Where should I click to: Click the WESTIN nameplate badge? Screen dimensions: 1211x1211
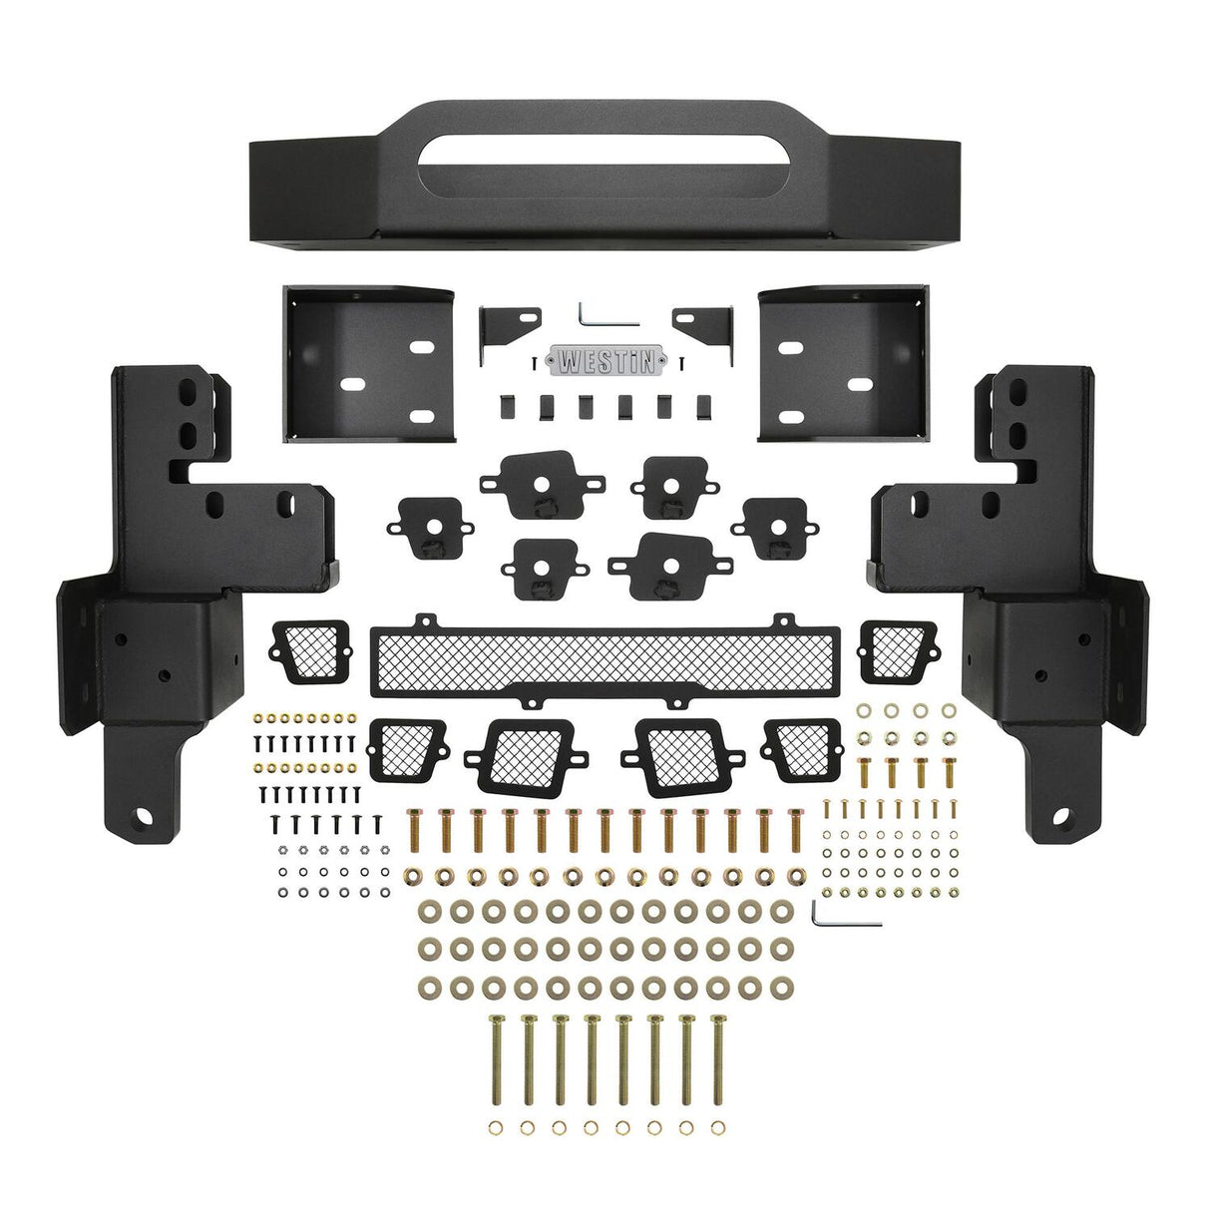605,361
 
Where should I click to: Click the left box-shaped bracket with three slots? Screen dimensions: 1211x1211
368,364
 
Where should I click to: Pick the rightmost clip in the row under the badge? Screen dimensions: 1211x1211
704,406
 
